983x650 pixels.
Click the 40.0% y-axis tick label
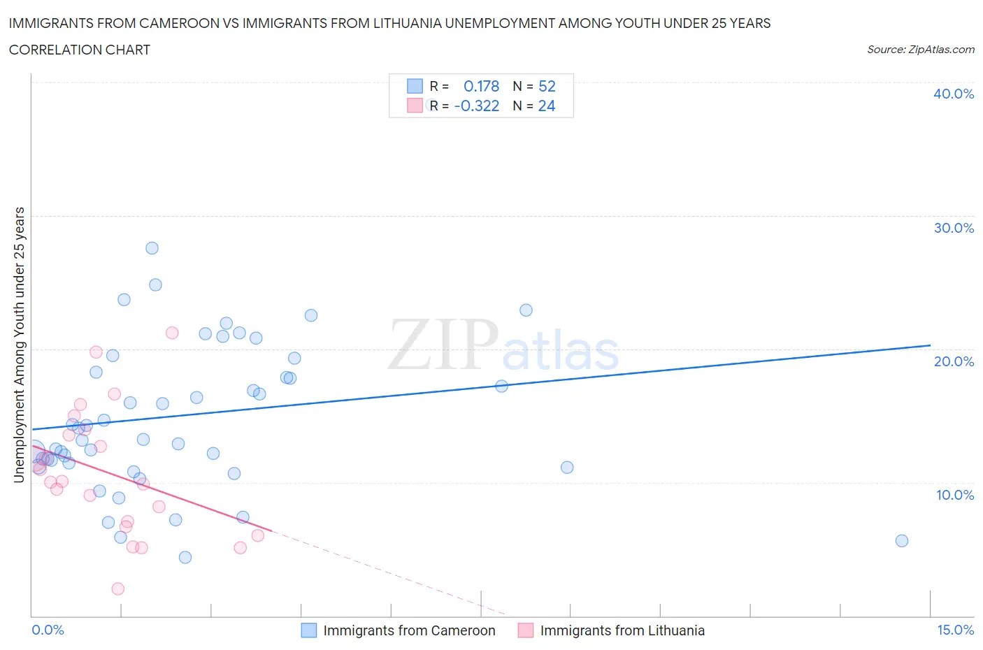point(953,94)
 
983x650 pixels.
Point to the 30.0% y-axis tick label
point(953,228)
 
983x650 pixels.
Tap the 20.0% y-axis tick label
point(953,361)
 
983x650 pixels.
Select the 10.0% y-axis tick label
point(954,495)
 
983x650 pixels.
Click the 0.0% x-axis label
point(48,630)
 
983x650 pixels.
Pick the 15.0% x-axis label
point(955,630)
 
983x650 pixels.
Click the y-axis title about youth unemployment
point(19,345)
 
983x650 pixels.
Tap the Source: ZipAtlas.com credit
point(920,50)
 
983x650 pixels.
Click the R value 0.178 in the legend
point(481,86)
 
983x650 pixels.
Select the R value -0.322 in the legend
point(476,106)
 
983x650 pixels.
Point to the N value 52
point(547,86)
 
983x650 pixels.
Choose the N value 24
point(547,106)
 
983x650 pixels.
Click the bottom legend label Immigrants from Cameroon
point(409,630)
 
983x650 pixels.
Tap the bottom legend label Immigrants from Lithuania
point(622,630)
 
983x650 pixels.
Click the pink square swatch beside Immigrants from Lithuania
point(526,630)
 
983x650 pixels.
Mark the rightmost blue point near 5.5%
point(902,540)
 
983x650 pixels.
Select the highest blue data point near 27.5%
point(152,248)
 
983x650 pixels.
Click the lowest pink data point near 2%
point(118,588)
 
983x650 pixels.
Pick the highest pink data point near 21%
point(172,333)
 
